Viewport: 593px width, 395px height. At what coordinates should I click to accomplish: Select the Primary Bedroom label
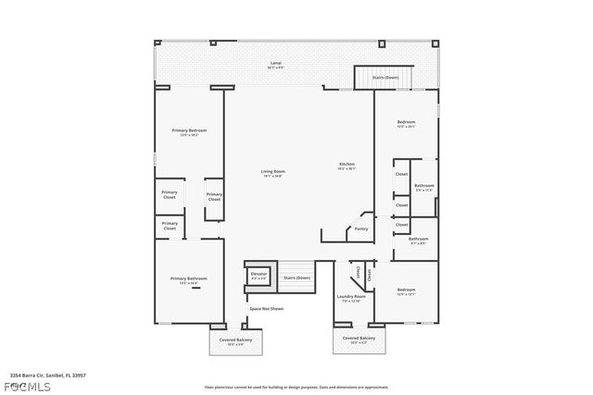189,132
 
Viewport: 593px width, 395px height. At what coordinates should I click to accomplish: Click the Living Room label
271,173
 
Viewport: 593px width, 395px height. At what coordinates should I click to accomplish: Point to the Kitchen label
347,167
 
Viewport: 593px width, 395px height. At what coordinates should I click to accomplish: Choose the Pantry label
361,228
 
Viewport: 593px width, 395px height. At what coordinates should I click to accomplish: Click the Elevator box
259,275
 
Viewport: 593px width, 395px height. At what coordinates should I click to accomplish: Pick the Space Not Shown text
266,308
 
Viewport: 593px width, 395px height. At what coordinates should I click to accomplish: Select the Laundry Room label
351,297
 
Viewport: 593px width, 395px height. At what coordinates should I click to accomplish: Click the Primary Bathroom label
188,279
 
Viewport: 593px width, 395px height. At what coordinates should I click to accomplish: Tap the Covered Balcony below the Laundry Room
359,339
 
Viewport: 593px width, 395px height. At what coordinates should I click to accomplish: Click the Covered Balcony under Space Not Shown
234,341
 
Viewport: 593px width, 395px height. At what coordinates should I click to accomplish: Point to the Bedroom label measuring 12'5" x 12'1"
406,291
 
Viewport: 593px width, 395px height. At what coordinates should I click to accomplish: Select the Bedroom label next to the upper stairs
406,124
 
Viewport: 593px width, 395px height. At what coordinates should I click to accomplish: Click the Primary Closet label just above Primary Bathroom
170,225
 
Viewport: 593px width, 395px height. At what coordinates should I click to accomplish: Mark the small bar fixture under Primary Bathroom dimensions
196,289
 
